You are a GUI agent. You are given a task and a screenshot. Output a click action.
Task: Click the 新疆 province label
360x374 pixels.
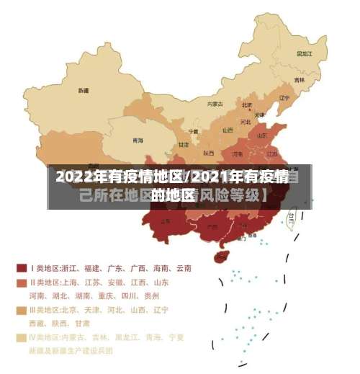(84, 91)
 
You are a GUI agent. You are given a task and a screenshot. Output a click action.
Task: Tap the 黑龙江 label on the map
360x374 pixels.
(305, 53)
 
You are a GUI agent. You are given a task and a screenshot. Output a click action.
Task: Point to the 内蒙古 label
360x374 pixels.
(215, 104)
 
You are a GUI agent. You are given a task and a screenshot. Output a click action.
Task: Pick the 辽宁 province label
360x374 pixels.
(284, 98)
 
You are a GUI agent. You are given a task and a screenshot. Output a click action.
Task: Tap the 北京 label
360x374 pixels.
(247, 106)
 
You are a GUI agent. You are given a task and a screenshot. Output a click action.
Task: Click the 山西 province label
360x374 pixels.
(228, 130)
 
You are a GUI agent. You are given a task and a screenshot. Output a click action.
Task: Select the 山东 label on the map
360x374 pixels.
(263, 135)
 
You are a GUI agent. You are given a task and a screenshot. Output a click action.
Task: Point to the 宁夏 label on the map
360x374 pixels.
(193, 132)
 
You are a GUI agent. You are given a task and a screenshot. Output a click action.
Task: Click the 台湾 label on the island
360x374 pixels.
(292, 215)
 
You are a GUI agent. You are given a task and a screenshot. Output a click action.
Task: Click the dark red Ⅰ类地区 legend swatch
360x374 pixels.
(22, 268)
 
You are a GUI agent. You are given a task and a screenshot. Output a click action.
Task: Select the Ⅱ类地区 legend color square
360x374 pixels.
(22, 282)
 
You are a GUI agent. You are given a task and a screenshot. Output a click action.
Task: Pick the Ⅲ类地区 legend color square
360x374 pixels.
(22, 310)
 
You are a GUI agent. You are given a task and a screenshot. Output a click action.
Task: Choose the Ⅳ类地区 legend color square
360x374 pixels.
(22, 337)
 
